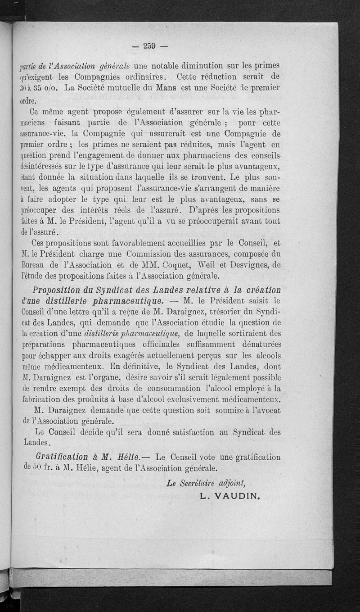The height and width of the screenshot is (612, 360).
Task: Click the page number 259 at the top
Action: click(149, 45)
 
